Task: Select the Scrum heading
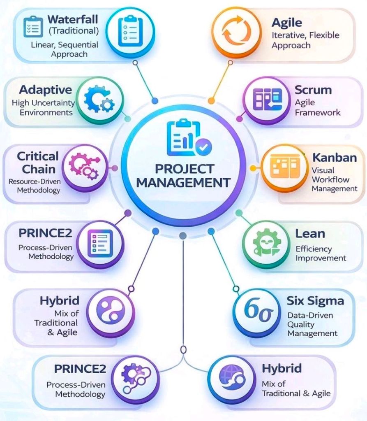point(313,90)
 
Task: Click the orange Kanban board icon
point(282,168)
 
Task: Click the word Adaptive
point(46,90)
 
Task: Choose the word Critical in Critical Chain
point(38,156)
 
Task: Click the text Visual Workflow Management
point(334,179)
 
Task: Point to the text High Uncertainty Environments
point(43,107)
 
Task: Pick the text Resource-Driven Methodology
point(35,186)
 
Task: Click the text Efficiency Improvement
point(321,254)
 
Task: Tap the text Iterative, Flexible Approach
point(305,40)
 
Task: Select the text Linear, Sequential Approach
point(65,49)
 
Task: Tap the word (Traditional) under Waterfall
point(74,30)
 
